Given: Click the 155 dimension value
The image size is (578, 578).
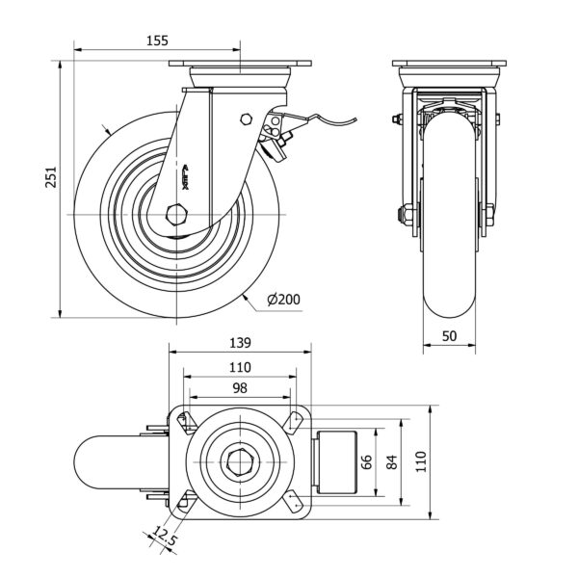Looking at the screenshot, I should click(x=158, y=40).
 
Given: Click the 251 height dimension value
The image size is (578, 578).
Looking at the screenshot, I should click(x=54, y=178).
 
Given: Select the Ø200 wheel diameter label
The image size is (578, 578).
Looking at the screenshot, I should click(x=283, y=300).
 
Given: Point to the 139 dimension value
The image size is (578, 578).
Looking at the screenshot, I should click(x=240, y=342).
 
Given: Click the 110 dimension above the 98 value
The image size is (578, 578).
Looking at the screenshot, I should click(x=240, y=367).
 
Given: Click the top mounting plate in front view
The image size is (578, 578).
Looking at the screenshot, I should click(x=451, y=66).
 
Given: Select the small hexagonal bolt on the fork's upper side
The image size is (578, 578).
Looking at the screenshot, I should click(x=246, y=118).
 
